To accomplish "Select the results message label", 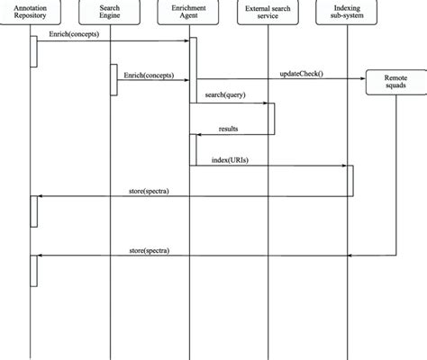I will coord(229,129).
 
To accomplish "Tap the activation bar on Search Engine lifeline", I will coord(114,80).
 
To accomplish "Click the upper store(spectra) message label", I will coord(150,191).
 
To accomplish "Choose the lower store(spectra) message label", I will coord(150,250).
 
